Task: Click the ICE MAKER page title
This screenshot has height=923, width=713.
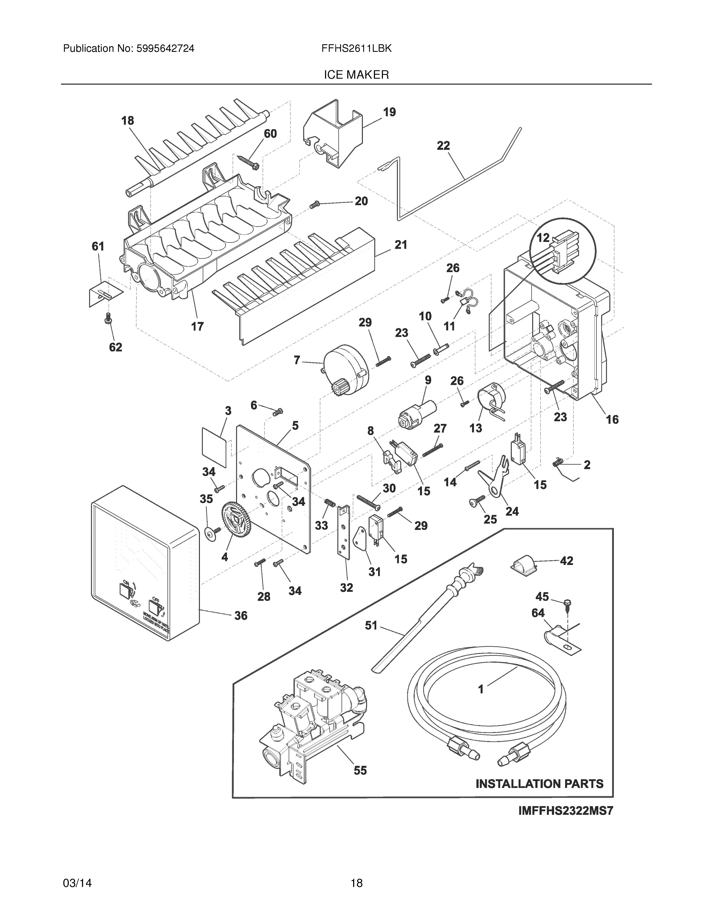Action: (356, 75)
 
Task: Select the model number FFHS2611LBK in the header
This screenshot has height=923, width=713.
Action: (356, 49)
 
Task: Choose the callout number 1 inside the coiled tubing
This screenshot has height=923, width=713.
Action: (481, 689)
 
